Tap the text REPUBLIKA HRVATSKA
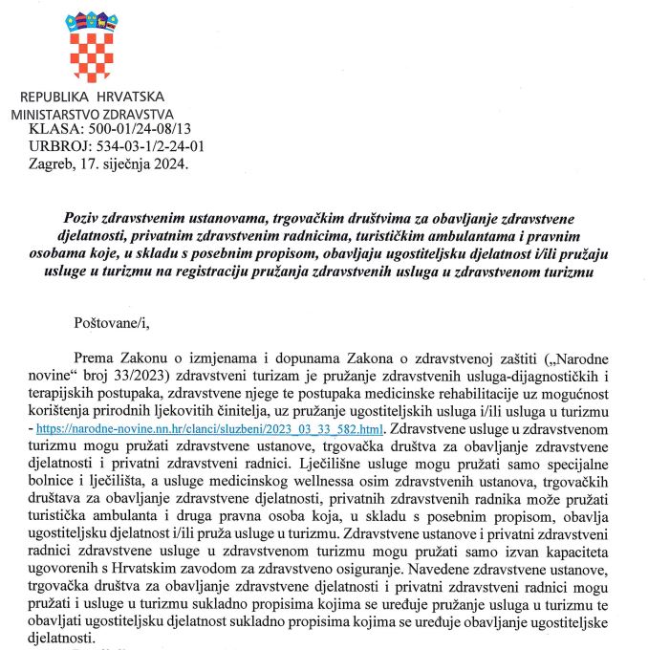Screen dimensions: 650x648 [x=92, y=97]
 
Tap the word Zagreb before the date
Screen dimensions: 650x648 [x=48, y=163]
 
